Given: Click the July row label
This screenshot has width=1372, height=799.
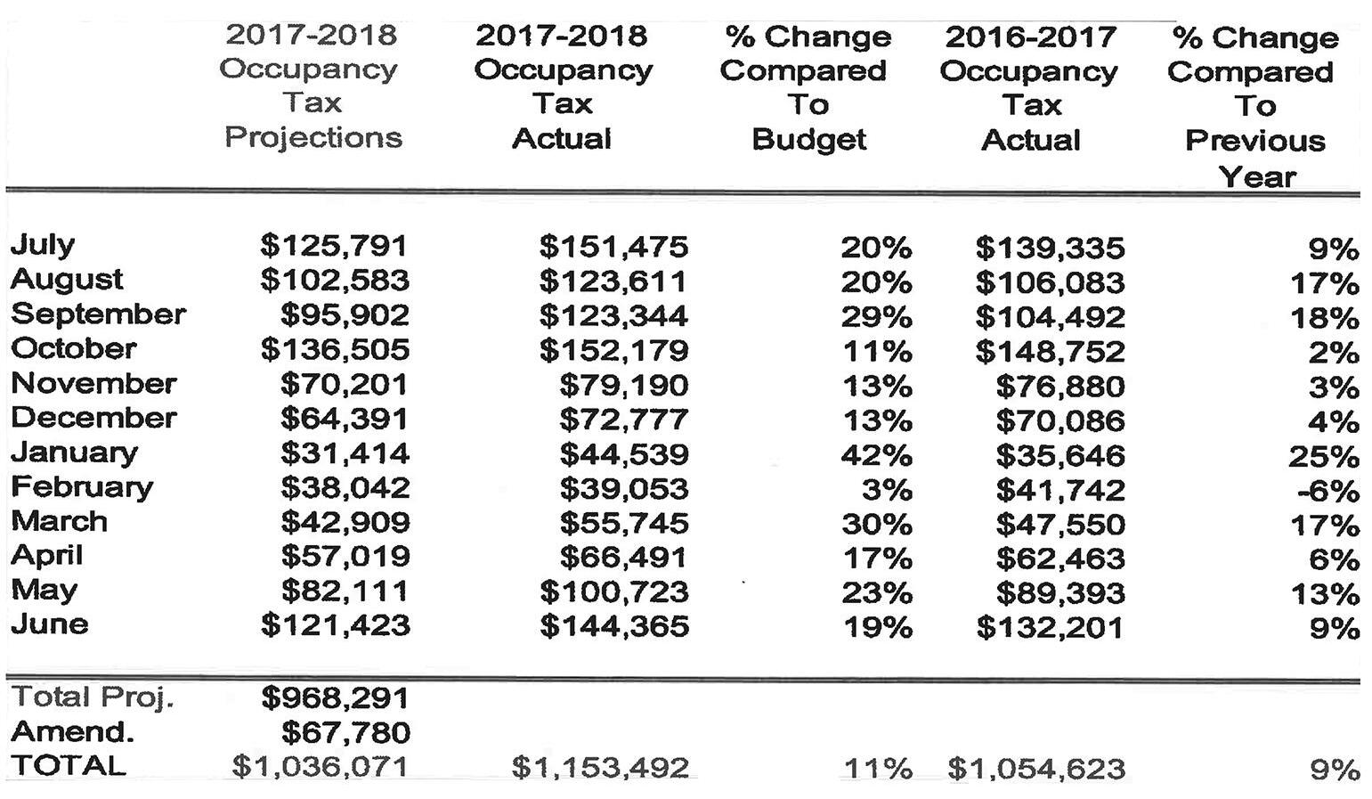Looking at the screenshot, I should (x=43, y=244).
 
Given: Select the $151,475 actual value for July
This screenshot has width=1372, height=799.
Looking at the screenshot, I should (x=613, y=246).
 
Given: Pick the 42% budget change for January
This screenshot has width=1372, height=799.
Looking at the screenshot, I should (x=876, y=455).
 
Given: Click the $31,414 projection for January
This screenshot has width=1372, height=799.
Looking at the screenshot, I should (x=345, y=453).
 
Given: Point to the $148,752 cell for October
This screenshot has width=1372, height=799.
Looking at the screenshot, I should (x=1050, y=352).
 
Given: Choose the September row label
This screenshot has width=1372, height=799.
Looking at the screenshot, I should (x=98, y=314).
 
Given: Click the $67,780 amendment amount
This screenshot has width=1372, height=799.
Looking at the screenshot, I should (x=345, y=733).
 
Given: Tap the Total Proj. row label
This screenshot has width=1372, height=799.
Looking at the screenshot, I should (x=92, y=697).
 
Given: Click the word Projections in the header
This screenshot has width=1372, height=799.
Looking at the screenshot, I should (x=313, y=138).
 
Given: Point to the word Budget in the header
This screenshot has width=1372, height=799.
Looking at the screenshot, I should (x=808, y=140).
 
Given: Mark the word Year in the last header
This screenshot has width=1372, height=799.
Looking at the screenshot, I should (x=1257, y=176).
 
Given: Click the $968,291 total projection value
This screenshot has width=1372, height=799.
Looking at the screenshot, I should (x=335, y=698).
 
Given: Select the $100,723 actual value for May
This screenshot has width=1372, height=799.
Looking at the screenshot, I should (x=613, y=592).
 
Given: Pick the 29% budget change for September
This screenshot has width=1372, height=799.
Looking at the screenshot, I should (x=876, y=317).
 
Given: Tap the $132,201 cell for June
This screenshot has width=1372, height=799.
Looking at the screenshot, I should (x=1050, y=628).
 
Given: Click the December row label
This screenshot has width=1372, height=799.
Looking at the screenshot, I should (x=93, y=418).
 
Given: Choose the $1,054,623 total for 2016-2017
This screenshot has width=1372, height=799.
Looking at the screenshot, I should (x=1036, y=768).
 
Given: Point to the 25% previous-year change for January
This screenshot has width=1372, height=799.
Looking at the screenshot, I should (x=1324, y=457).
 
